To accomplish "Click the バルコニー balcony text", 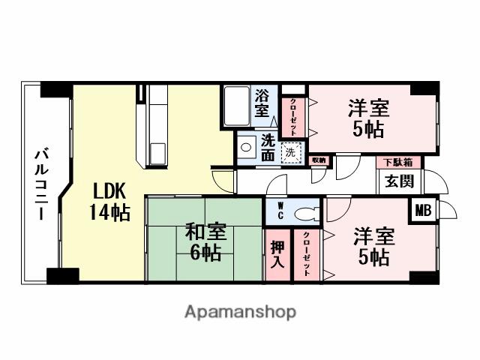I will [38, 184].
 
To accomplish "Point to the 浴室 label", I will [262, 103].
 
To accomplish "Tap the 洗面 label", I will [268, 146].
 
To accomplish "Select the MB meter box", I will [424, 209].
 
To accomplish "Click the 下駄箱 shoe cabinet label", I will [399, 162].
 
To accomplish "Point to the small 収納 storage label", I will [319, 160].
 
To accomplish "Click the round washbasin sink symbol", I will [244, 148].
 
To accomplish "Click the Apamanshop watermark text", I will [240, 311].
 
